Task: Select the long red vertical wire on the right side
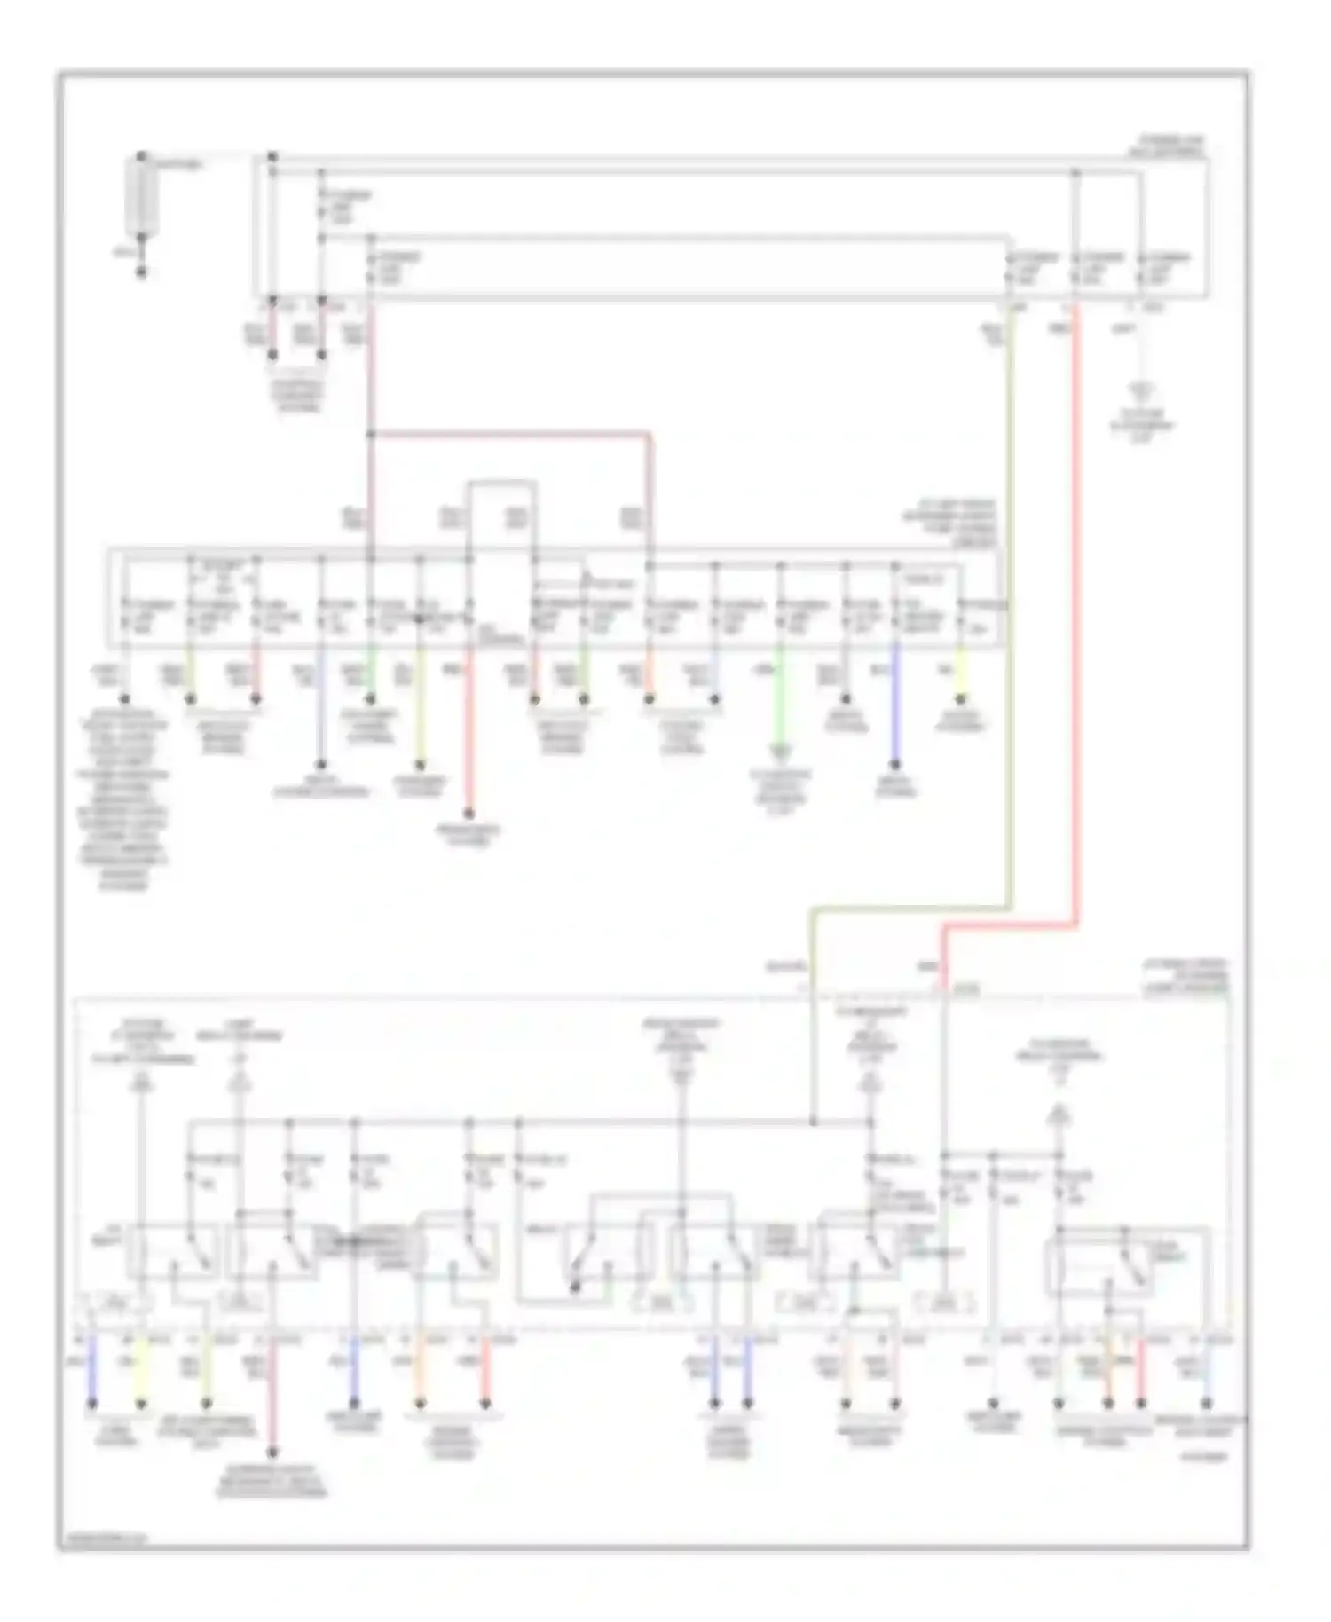point(1076,621)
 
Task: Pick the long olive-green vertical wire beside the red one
point(1010,621)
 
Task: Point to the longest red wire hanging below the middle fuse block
point(469,736)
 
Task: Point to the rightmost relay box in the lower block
point(1127,1260)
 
